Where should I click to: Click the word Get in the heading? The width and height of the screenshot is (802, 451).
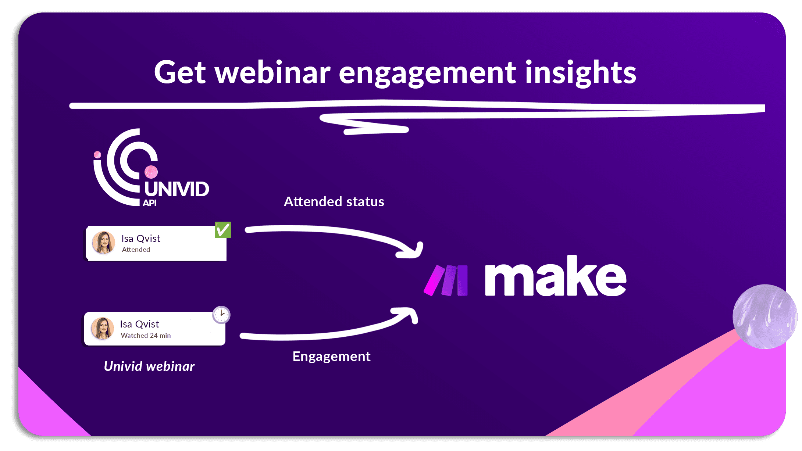point(180,72)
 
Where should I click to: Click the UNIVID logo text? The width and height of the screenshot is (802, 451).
point(177,189)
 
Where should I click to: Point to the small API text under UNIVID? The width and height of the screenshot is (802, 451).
point(150,203)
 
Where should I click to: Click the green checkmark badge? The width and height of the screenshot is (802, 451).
point(223,230)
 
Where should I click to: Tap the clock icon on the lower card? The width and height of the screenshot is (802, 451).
point(221,315)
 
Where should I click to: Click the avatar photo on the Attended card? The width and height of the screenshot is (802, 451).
point(103,243)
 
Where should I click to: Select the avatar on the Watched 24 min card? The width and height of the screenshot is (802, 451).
point(102,328)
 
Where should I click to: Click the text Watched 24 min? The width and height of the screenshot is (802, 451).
point(146,336)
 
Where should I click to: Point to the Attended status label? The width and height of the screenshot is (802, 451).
point(334,201)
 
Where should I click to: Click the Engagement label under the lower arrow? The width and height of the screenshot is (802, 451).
point(331,356)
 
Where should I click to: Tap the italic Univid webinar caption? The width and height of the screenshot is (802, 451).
point(149,366)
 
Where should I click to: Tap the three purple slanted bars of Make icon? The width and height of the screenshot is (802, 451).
point(446,280)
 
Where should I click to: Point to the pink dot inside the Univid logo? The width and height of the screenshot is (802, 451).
point(151,172)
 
